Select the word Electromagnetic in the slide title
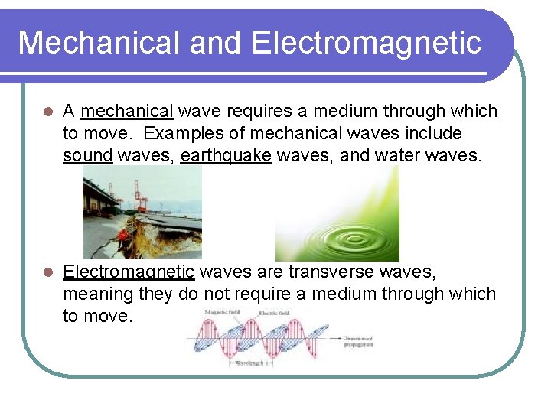[367, 43]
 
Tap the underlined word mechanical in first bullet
[127, 112]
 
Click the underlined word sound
[88, 156]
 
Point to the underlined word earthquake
[226, 156]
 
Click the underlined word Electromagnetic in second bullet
[129, 272]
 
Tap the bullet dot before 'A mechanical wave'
[47, 112]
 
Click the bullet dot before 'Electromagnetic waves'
[47, 272]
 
